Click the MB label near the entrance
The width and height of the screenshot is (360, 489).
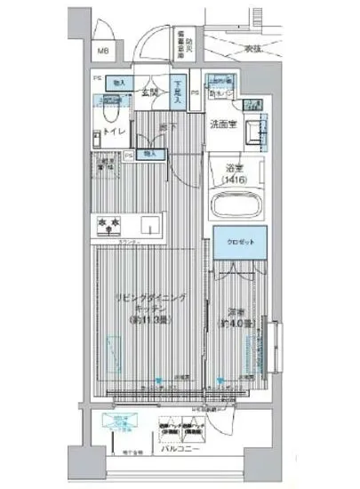[x=103, y=52]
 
